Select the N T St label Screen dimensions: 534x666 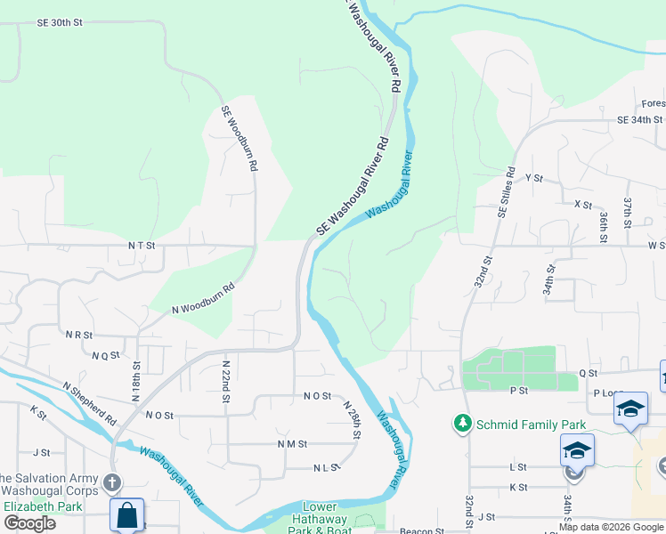click(142, 245)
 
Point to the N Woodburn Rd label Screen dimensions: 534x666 click(204, 298)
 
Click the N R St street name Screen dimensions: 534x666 click(78, 335)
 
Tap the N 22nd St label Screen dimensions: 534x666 click(226, 381)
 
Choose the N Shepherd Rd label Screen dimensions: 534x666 click(90, 403)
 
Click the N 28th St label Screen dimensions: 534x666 click(353, 419)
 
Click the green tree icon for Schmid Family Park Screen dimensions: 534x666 click(462, 421)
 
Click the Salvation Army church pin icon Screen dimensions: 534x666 click(111, 482)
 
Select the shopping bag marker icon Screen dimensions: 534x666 click(126, 514)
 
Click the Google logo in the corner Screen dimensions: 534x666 click(29, 523)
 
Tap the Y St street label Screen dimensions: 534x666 click(534, 178)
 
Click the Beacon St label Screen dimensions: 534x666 click(422, 531)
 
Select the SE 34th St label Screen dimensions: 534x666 click(640, 119)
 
